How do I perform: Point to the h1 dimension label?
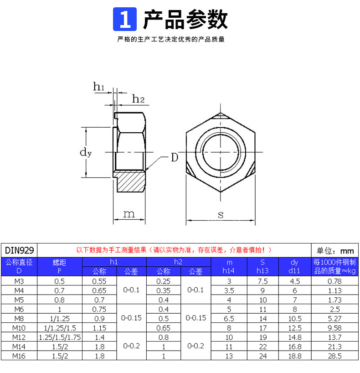pyautogui.click(x=99, y=86)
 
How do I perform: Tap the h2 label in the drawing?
pyautogui.click(x=138, y=98)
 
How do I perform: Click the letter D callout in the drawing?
pyautogui.click(x=174, y=158)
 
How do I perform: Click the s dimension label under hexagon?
pyautogui.click(x=221, y=214)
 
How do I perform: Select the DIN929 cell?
pyautogui.click(x=19, y=250)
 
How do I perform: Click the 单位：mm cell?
pyautogui.click(x=335, y=250)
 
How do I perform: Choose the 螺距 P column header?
pyautogui.click(x=59, y=267)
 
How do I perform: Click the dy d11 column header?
pyautogui.click(x=294, y=267)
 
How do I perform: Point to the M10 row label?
pyautogui.click(x=19, y=328)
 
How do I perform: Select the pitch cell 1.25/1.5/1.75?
pyautogui.click(x=59, y=337)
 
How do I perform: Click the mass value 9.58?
pyautogui.click(x=335, y=328)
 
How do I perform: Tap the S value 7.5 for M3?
pyautogui.click(x=262, y=281)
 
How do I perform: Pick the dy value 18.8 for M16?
pyautogui.click(x=294, y=356)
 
